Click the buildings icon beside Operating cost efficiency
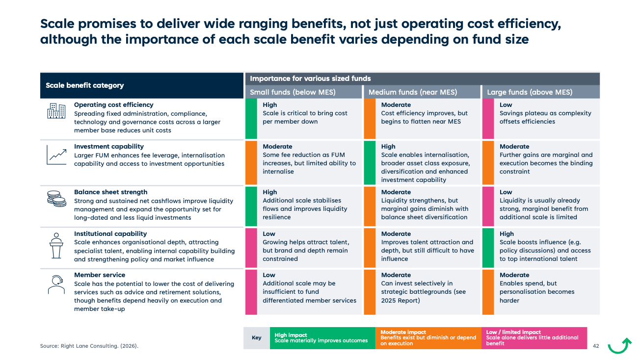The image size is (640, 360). click(x=56, y=111)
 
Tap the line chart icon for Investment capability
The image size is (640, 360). click(x=56, y=154)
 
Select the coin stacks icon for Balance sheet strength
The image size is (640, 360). click(x=56, y=199)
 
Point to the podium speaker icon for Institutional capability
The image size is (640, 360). click(x=56, y=246)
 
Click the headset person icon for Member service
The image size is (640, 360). click(x=56, y=284)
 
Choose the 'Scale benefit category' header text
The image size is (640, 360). click(x=84, y=85)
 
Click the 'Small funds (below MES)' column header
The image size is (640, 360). click(x=293, y=92)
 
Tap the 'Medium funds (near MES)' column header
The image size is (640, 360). click(x=413, y=92)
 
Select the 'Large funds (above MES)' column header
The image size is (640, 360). click(x=530, y=92)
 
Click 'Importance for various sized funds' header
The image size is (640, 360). click(x=310, y=78)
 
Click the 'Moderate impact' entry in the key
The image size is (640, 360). click(x=428, y=338)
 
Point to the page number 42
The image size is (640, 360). click(x=596, y=346)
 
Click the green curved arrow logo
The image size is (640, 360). click(x=619, y=346)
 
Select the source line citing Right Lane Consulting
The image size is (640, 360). click(x=89, y=346)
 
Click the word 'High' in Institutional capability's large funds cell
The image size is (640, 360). click(x=507, y=234)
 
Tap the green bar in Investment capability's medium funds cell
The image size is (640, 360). click(x=370, y=163)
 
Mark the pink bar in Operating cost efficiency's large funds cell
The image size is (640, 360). click(x=488, y=119)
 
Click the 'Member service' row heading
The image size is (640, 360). click(x=100, y=275)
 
